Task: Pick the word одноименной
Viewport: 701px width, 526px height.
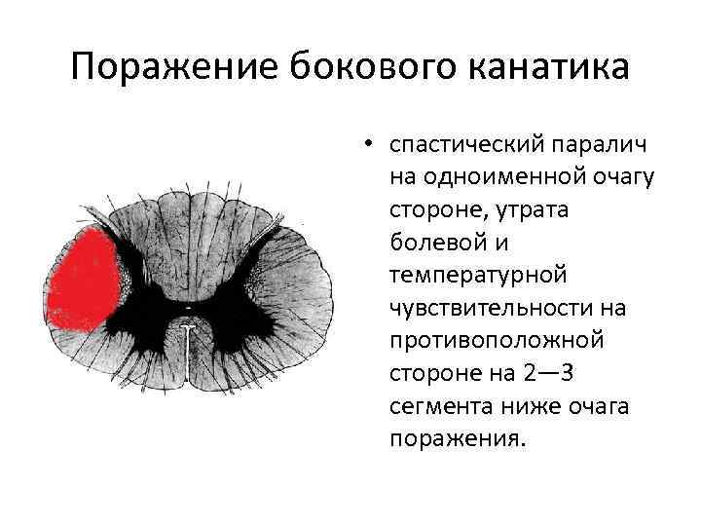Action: click(x=487, y=177)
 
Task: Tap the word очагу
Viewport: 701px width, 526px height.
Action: click(x=619, y=177)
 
